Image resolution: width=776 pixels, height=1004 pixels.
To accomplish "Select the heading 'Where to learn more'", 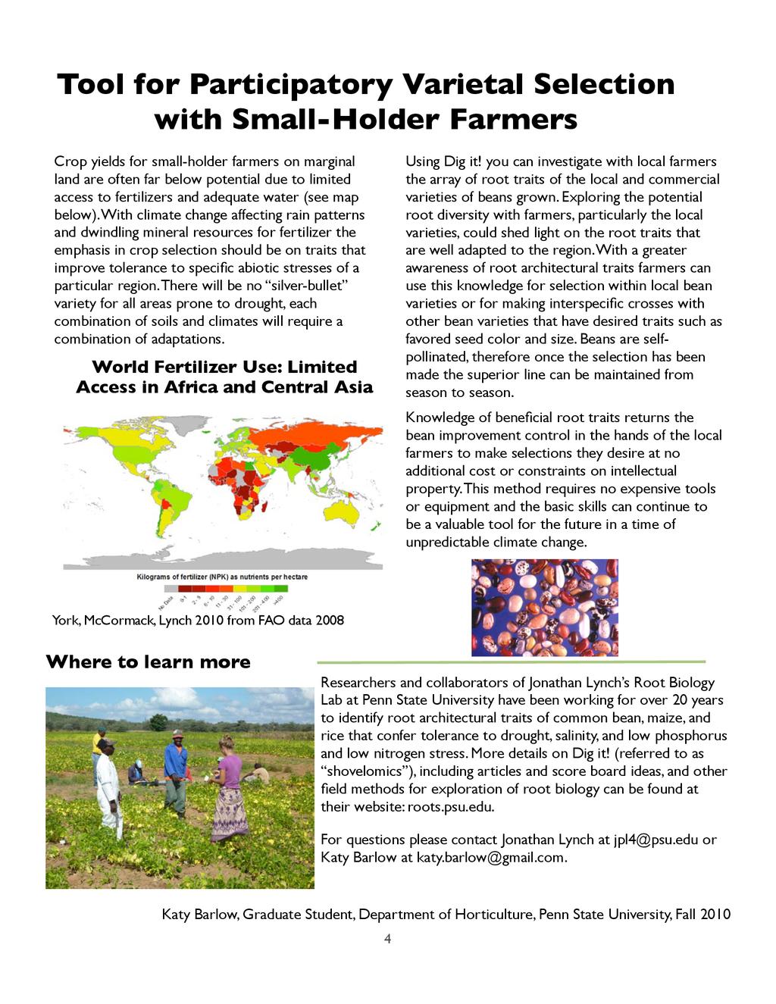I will (x=148, y=662).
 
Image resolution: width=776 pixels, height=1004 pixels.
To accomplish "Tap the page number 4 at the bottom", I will (x=388, y=940).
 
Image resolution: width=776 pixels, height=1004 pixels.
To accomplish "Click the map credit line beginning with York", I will (x=198, y=621).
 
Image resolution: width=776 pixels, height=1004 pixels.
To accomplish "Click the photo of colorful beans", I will (x=544, y=607).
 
